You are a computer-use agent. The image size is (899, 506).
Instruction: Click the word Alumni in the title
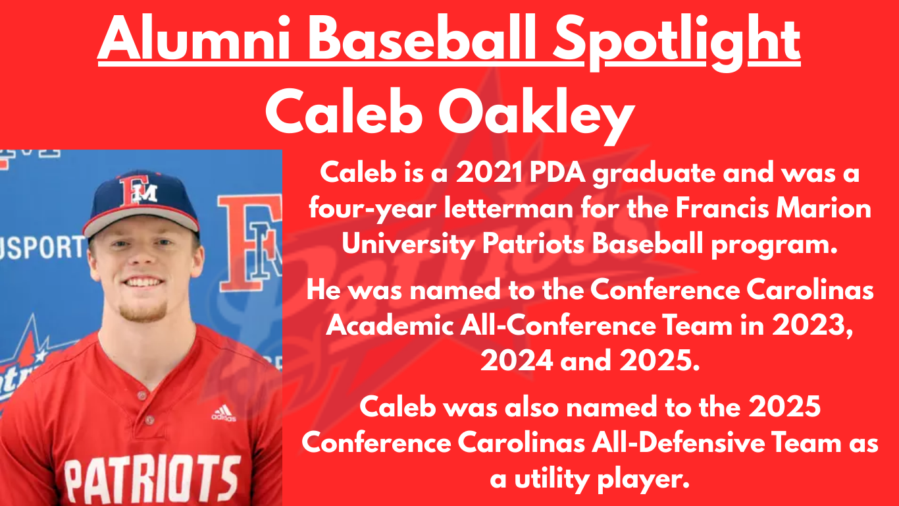pos(194,38)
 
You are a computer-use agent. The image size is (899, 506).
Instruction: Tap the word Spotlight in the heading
pos(677,43)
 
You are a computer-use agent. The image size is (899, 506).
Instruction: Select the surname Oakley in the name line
pos(536,115)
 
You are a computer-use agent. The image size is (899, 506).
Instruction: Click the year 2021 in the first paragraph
pos(489,173)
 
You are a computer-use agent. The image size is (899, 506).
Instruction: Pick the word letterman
pos(509,209)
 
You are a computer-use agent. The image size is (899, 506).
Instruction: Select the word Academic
pos(390,325)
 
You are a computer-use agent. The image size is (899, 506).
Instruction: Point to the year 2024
pos(517,360)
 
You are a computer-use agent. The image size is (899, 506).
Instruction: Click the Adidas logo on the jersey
pos(224,414)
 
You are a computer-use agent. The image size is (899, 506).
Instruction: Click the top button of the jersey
pos(142,396)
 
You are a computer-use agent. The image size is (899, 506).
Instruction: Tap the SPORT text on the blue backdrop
pos(43,246)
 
